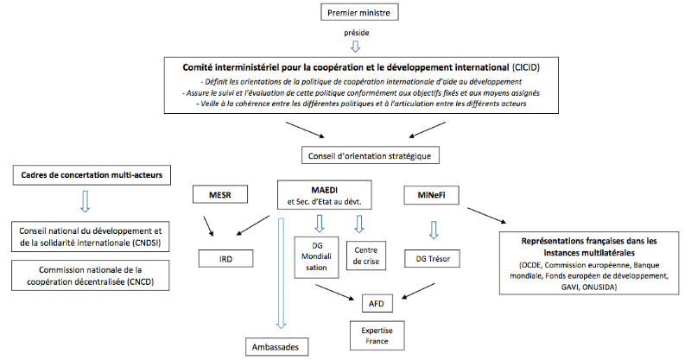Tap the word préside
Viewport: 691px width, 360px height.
[x=357, y=33]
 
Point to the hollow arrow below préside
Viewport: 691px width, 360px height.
[x=356, y=47]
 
